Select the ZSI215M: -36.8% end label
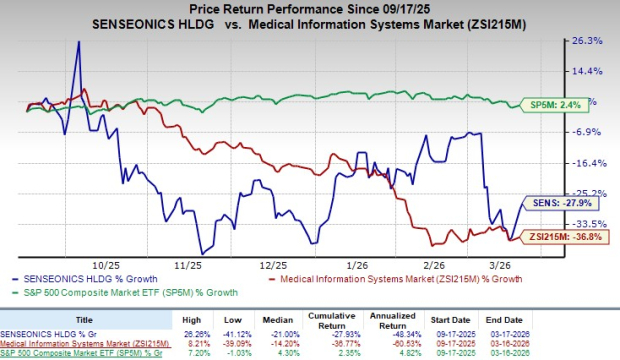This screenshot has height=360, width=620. (568, 236)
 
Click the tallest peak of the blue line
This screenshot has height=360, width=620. (78, 44)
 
